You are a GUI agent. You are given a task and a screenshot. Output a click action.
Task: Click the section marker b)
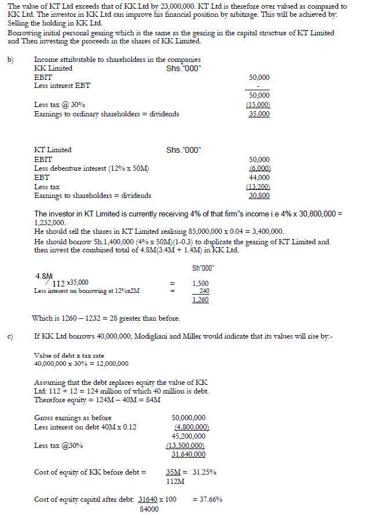11,60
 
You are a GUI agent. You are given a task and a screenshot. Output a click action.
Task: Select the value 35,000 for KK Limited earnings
259,114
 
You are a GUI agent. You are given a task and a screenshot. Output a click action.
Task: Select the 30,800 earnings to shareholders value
259,196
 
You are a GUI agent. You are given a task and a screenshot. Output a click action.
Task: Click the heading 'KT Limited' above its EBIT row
53,150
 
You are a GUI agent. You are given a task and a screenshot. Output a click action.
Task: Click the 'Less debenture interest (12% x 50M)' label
91,168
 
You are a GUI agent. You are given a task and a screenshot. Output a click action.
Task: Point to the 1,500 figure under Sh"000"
200,284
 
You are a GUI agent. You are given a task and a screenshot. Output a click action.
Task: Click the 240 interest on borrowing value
204,291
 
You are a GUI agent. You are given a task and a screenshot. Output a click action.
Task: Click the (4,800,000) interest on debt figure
192,427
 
